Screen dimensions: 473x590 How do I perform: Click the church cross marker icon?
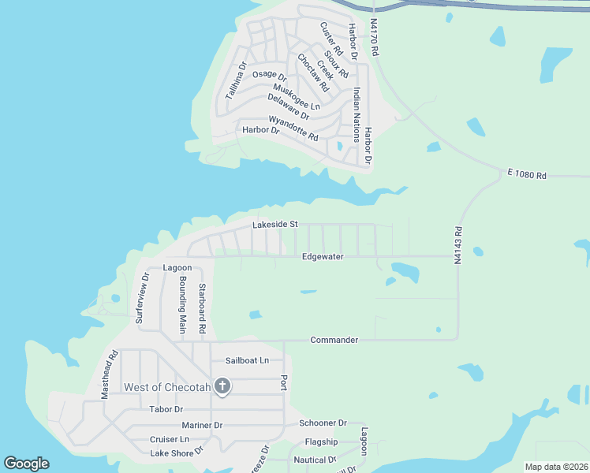tap(222, 386)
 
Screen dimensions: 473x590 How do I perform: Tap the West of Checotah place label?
tap(167, 387)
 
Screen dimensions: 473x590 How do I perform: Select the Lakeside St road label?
tap(274, 225)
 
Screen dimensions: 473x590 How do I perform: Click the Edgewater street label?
tap(323, 257)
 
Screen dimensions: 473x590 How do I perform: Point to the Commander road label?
tap(334, 340)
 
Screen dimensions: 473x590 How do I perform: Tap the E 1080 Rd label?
tap(527, 176)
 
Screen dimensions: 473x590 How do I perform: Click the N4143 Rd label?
tap(457, 245)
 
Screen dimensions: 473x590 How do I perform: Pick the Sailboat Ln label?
tap(247, 360)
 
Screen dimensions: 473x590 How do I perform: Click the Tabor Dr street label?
tap(166, 409)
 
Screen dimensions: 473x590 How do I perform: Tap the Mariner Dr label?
tap(202, 425)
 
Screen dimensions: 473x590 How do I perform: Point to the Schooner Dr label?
tap(323, 423)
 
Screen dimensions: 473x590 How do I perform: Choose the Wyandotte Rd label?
tap(293, 128)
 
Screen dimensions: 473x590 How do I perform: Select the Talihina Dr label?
tap(237, 80)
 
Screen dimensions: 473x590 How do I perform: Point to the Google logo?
tap(26, 464)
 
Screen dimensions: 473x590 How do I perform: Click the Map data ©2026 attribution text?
tap(556, 467)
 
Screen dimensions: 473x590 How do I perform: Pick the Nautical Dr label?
tap(315, 460)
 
